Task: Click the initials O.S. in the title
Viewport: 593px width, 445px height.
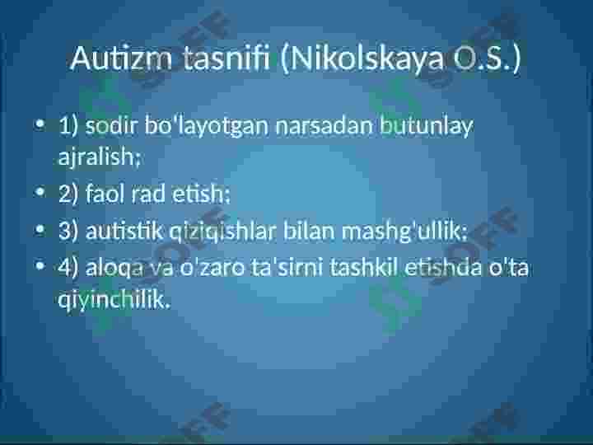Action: pos(482,59)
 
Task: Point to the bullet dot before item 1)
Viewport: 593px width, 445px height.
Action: pos(40,124)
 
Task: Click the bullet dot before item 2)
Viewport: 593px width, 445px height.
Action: pos(40,192)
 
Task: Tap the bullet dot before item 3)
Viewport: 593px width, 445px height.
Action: pos(40,229)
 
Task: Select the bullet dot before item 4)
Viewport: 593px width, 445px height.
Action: pos(40,265)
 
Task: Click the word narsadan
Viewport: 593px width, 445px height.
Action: pos(325,126)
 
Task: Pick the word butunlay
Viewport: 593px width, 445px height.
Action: pos(427,127)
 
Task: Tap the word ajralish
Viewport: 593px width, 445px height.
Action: pos(98,157)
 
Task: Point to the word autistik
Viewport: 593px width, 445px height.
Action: pos(124,231)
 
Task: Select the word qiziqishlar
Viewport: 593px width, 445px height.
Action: pos(222,232)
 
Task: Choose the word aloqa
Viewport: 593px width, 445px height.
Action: pos(114,269)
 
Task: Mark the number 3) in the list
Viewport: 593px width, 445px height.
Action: pos(68,231)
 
